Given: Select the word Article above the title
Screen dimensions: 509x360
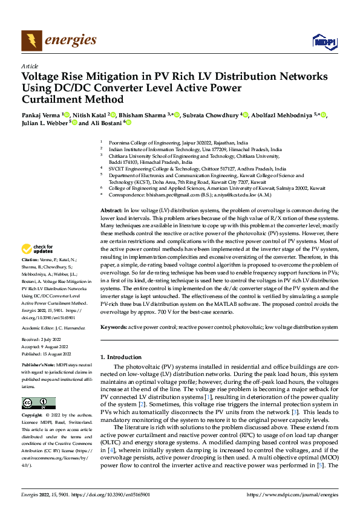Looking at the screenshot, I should (x=30, y=66).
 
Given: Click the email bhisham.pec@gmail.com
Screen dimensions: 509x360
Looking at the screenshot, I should (x=159, y=195).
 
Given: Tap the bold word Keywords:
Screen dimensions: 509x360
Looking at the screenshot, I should (x=113, y=327).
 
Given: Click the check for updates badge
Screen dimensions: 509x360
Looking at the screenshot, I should (x=38, y=249).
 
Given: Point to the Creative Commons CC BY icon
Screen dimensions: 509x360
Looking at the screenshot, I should (x=38, y=403).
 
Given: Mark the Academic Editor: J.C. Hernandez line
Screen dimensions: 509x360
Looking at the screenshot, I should (x=53, y=328).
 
